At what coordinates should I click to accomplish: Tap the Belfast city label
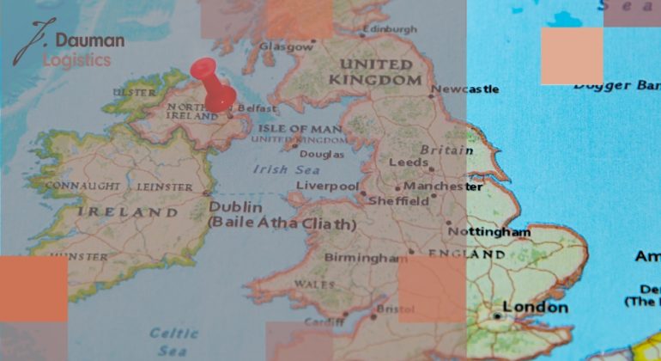[x=258, y=109]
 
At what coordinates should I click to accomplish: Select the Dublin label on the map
[x=236, y=207]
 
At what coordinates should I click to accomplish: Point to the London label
[x=535, y=307]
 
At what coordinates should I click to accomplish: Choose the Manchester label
[x=443, y=186]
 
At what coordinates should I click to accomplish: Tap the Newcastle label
[x=464, y=89]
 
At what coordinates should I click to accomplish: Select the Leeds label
[x=409, y=162]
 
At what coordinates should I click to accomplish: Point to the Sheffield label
[x=398, y=201]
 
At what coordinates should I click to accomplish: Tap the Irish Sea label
[x=282, y=169]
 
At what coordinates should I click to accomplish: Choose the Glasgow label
[x=281, y=46]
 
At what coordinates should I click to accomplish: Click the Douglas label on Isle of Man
[x=320, y=154]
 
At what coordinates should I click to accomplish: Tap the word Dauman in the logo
[x=89, y=40]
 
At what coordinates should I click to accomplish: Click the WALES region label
[x=314, y=284]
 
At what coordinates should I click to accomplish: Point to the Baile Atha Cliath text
[x=282, y=224]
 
